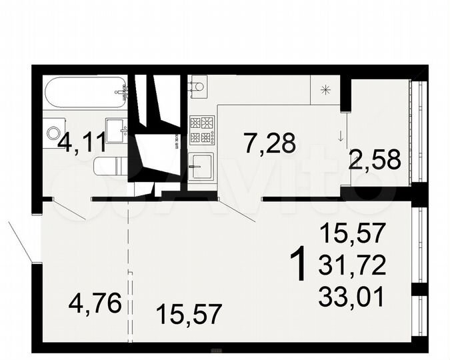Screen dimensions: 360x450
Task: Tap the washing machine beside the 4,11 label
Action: (54, 133)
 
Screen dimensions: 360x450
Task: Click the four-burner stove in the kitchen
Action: (202, 130)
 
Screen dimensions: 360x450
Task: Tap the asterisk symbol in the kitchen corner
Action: (325, 91)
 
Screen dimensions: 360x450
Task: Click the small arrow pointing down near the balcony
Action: (341, 136)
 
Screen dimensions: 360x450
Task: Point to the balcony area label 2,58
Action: (375, 159)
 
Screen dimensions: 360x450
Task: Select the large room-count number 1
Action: (300, 264)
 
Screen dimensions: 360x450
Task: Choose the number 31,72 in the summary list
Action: (352, 267)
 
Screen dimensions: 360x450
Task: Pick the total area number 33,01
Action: (352, 295)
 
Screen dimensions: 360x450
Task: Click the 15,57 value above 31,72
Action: (352, 234)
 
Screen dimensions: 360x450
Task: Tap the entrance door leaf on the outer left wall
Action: (20, 241)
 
